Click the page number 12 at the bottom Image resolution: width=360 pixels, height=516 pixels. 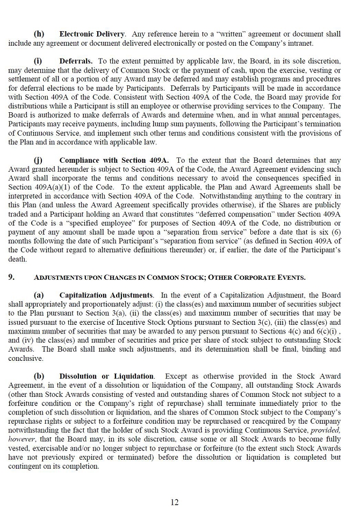(x=175, y=502)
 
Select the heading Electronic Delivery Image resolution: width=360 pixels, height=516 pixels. (x=92, y=34)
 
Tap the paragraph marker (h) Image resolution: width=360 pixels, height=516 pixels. (x=39, y=34)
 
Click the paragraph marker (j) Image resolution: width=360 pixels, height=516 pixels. (x=38, y=160)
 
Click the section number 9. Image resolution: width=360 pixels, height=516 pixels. (x=11, y=277)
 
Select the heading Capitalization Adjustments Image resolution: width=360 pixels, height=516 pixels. (x=106, y=295)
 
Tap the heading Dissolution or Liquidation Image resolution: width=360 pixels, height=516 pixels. (x=106, y=376)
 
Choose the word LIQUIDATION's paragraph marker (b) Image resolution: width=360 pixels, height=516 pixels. (x=39, y=376)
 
